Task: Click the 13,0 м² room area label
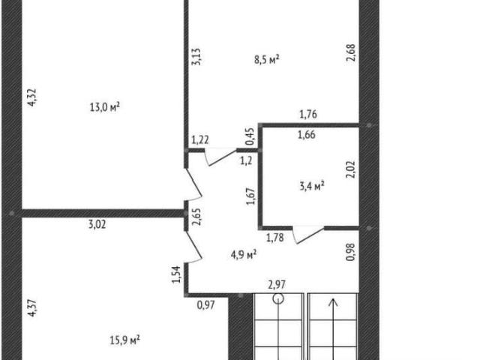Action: tap(105, 107)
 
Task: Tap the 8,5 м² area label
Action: tap(267, 59)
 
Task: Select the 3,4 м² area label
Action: tap(312, 186)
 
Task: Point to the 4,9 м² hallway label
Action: tap(244, 254)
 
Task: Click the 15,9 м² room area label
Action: tap(125, 340)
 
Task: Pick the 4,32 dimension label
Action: tap(32, 97)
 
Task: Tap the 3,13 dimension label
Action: tap(196, 57)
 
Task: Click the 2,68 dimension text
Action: tap(351, 52)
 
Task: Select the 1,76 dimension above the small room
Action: tap(308, 115)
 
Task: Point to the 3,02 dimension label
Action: tap(97, 224)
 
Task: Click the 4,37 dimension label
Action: tap(32, 308)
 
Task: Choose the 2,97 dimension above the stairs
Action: tap(277, 285)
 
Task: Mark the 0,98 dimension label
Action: tap(351, 252)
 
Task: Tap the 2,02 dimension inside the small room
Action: tap(351, 169)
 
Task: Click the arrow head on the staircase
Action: tap(333, 302)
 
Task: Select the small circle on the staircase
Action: tap(278, 298)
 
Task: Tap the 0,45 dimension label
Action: tap(250, 136)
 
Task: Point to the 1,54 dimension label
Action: tap(177, 274)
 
